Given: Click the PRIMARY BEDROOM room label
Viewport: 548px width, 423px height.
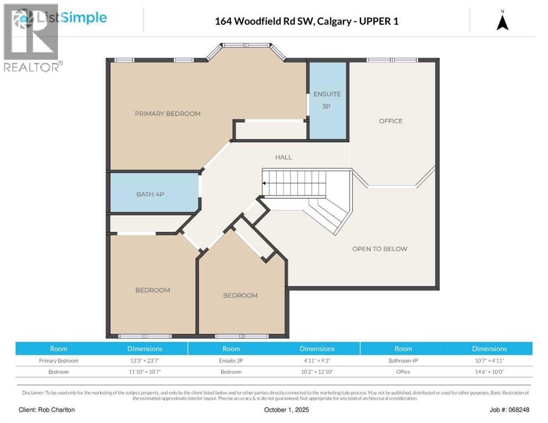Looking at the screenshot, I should pos(168,113).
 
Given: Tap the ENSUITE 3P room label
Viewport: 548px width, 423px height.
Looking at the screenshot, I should pos(327,100).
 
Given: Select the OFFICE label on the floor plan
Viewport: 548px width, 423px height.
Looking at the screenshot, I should pos(390,121).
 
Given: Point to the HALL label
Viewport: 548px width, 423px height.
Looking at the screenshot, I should pos(283,157).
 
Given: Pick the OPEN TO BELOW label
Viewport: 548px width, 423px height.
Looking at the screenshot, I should pos(380,248).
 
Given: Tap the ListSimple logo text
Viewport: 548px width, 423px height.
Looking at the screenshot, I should pos(72,18).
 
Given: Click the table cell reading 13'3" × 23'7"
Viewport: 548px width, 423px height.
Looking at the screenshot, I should pos(144,361).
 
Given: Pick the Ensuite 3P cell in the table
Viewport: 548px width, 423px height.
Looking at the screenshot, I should pos(231,361).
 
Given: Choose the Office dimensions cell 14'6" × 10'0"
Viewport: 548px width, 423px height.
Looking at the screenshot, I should pos(489,372).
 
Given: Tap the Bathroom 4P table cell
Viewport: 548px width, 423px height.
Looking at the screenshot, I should pos(403,361).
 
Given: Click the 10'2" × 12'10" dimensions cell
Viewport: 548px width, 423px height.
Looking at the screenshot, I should pos(317,372).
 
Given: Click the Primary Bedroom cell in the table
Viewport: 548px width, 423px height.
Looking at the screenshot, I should pos(58,361).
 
